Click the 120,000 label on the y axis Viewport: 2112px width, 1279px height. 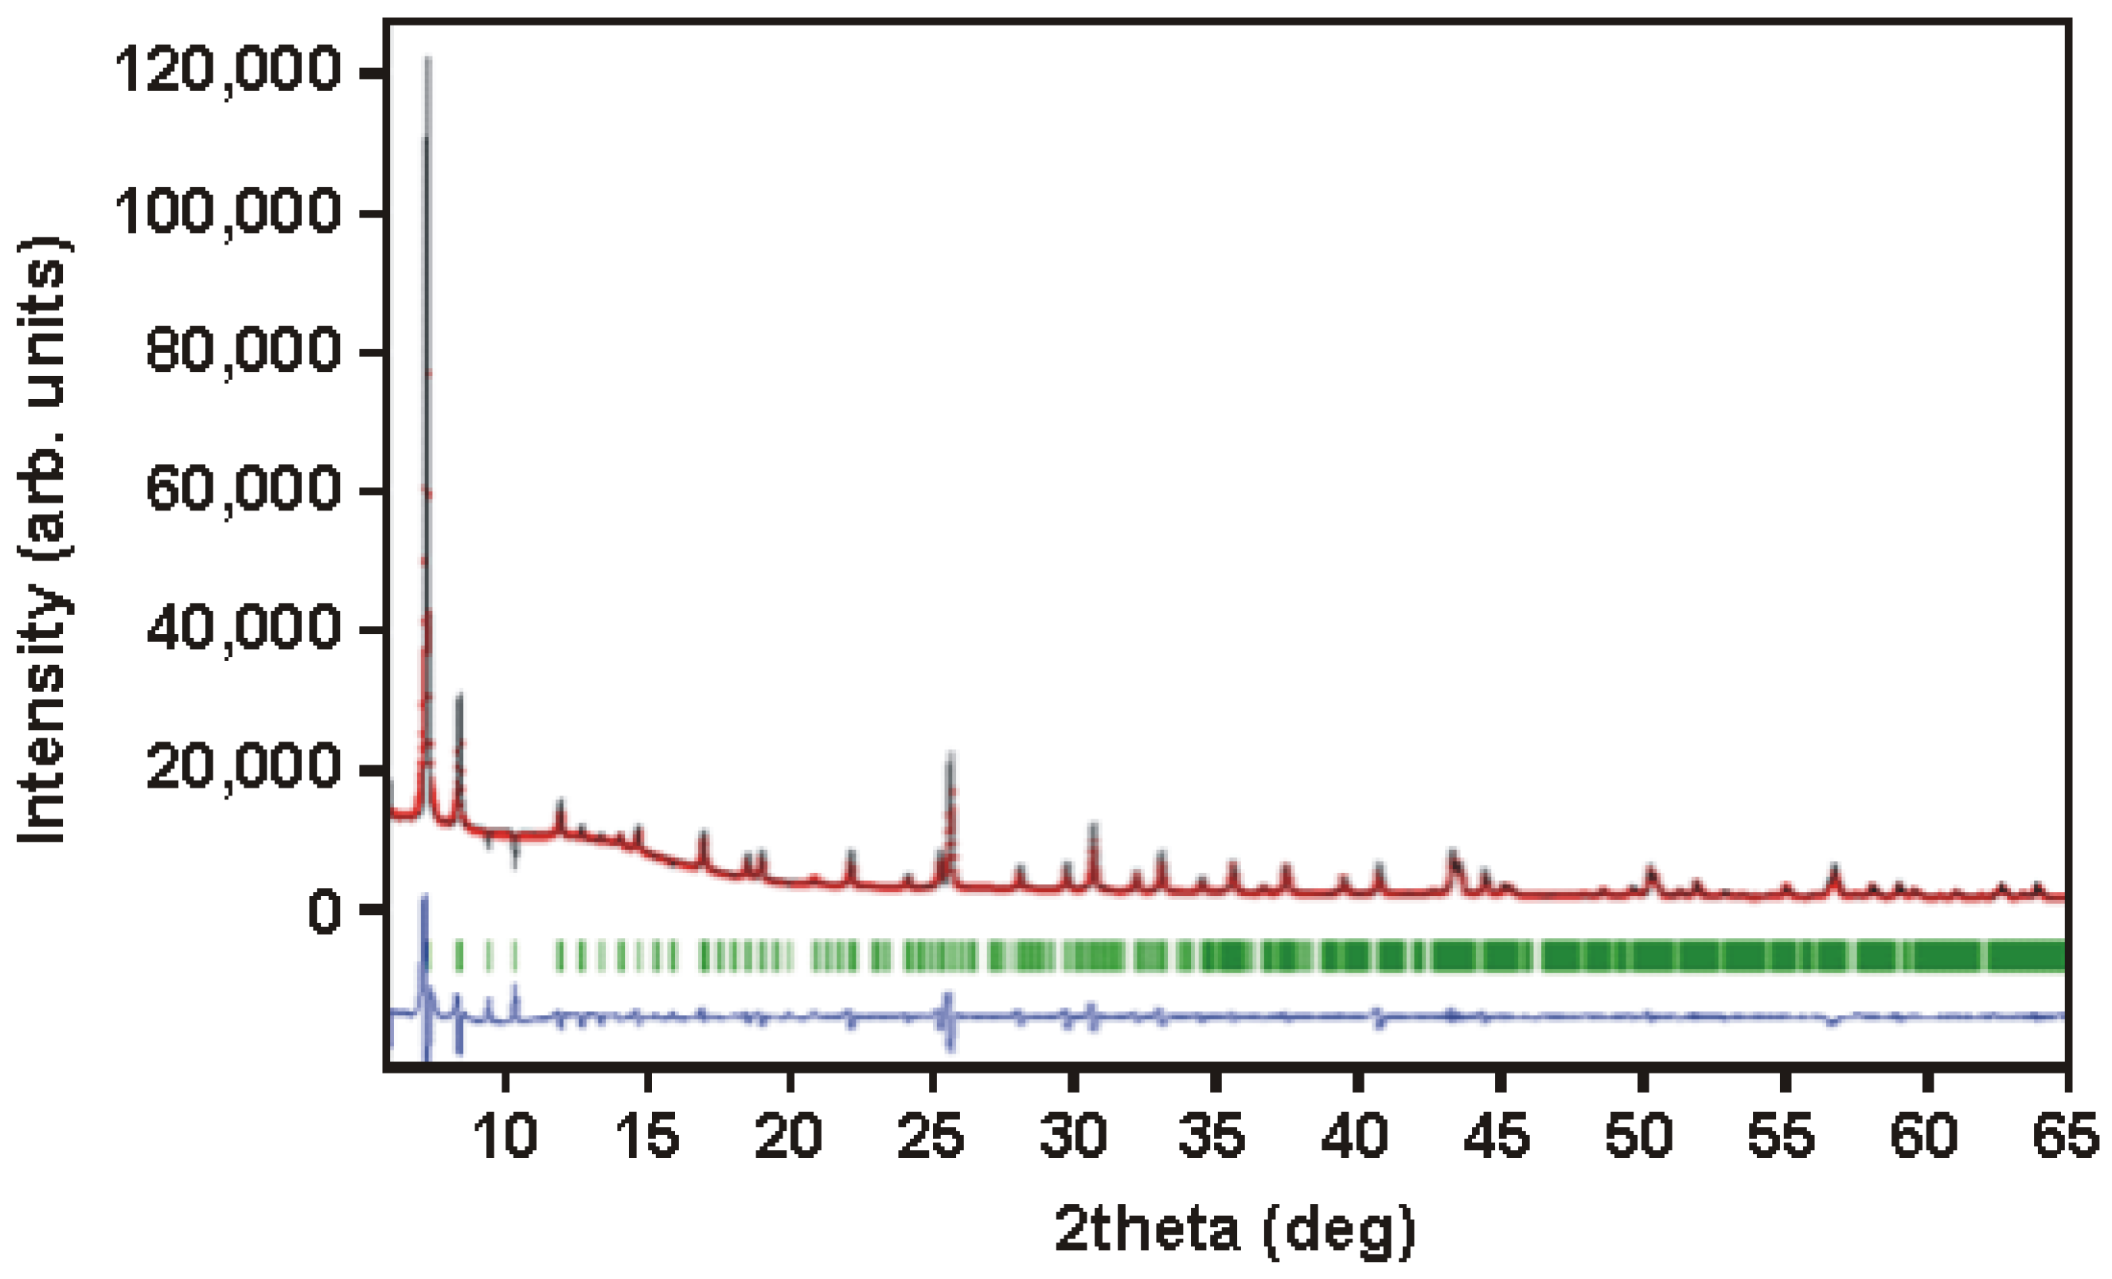point(227,72)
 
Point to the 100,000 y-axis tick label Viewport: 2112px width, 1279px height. point(227,212)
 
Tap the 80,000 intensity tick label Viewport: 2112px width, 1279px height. point(243,351)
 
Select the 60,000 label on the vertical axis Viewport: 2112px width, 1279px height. point(243,491)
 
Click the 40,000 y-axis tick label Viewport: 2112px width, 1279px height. point(243,630)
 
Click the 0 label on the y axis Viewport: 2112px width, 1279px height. point(324,912)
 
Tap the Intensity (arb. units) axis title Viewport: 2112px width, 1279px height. point(43,540)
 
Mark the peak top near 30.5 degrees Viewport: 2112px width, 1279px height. point(1093,826)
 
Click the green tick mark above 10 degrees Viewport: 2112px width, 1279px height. point(514,956)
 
